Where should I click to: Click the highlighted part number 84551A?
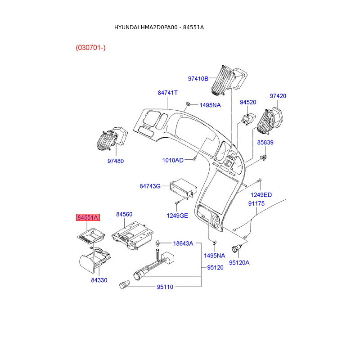pyautogui.click(x=88, y=217)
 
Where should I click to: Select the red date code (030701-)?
pyautogui.click(x=91, y=48)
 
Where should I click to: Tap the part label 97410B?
pyautogui.click(x=198, y=79)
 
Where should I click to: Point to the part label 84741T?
pyautogui.click(x=167, y=93)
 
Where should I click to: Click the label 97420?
pyautogui.click(x=278, y=96)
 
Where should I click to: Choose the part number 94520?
pyautogui.click(x=248, y=102)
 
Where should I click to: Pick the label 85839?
pyautogui.click(x=265, y=142)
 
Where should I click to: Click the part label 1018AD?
pyautogui.click(x=173, y=160)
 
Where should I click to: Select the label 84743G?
pyautogui.click(x=150, y=186)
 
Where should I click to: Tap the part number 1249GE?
pyautogui.click(x=177, y=216)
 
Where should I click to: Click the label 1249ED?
pyautogui.click(x=261, y=195)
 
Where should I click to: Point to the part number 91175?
pyautogui.click(x=256, y=203)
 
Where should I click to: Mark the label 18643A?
pyautogui.click(x=183, y=243)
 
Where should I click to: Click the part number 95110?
pyautogui.click(x=165, y=287)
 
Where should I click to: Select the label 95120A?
pyautogui.click(x=239, y=263)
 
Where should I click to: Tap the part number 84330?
pyautogui.click(x=99, y=280)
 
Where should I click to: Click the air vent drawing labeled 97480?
pyautogui.click(x=112, y=139)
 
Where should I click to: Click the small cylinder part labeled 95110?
pyautogui.click(x=125, y=284)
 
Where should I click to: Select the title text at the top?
pyautogui.click(x=159, y=27)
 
